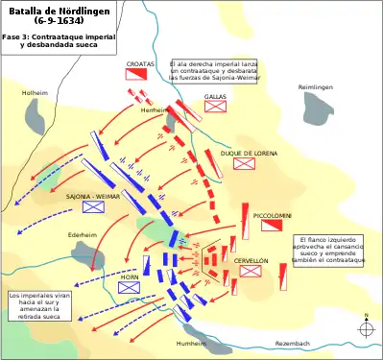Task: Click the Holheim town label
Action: click(x=35, y=92)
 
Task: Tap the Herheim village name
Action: click(x=154, y=110)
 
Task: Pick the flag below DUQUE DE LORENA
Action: click(x=245, y=163)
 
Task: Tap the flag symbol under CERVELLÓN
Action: click(x=251, y=271)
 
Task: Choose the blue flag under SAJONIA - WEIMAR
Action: click(x=93, y=206)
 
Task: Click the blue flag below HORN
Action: click(x=130, y=286)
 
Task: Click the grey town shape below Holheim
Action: click(x=38, y=115)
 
